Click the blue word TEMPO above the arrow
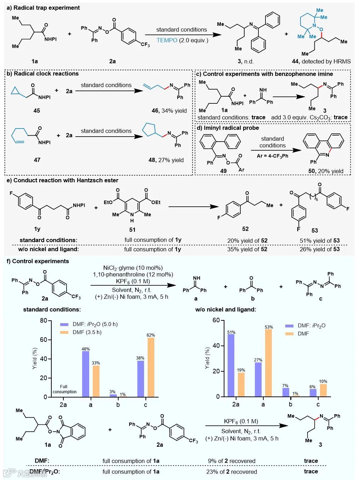(x=167, y=40)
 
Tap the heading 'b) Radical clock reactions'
(x=42, y=74)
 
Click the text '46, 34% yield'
(x=169, y=110)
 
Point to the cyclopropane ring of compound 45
(x=15, y=91)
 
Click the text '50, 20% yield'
(x=326, y=171)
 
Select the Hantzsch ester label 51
(x=132, y=229)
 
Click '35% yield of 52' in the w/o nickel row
(x=247, y=249)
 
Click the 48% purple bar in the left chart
(x=86, y=374)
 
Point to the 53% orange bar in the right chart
(x=268, y=363)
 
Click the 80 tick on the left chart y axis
(x=43, y=321)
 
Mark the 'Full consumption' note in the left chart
(x=64, y=389)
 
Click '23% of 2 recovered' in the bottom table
(x=232, y=472)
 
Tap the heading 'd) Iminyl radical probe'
(x=231, y=128)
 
